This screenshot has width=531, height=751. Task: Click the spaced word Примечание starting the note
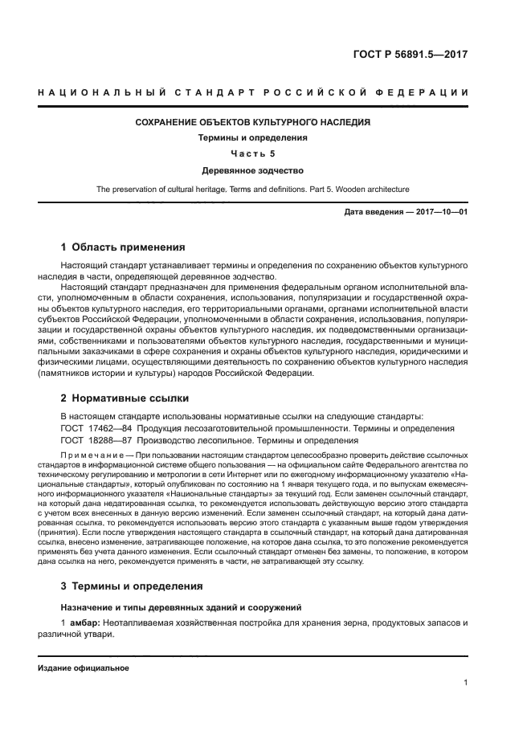(x=90, y=455)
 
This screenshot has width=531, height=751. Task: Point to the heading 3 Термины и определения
(x=132, y=586)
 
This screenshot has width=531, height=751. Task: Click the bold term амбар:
(x=84, y=623)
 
